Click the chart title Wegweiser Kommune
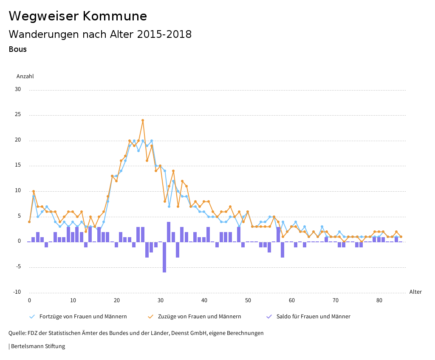tap(78, 16)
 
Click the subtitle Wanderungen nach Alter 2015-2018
tap(100, 34)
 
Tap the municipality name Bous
tap(17, 49)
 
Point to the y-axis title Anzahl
tap(25, 77)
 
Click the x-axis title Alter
tap(415, 292)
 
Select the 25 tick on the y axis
tap(17, 115)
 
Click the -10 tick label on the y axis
tap(17, 292)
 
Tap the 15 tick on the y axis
tap(17, 165)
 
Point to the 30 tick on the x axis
tap(161, 300)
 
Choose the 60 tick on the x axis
tap(292, 300)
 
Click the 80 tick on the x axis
tap(379, 300)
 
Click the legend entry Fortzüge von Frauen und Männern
tap(83, 317)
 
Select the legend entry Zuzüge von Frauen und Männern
tap(199, 317)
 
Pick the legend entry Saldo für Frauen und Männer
tap(313, 317)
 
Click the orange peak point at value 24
tap(143, 120)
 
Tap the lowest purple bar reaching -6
tap(164, 257)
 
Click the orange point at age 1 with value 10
tap(34, 191)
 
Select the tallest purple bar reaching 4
tap(169, 232)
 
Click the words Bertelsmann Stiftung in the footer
tap(38, 346)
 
